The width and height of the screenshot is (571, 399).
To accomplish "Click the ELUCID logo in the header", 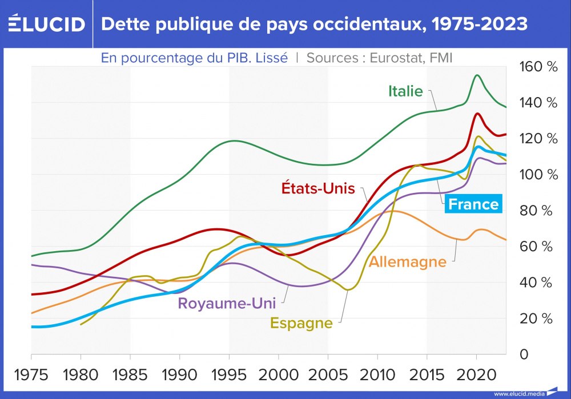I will [x=46, y=24].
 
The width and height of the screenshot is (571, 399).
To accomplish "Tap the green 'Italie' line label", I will [x=405, y=91].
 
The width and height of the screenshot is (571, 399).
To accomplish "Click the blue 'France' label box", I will [x=473, y=204].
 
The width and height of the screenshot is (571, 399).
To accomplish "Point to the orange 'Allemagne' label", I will [x=407, y=262].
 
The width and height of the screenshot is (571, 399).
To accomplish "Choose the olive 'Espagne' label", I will [x=301, y=323].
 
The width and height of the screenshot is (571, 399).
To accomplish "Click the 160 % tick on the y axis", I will [x=538, y=67].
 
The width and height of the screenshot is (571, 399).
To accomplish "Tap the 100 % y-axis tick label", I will [x=538, y=175].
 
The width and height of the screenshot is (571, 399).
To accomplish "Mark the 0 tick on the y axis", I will [x=523, y=354].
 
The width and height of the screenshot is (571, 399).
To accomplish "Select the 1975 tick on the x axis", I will [x=31, y=375].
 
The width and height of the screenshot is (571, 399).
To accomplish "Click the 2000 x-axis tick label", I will [x=279, y=375].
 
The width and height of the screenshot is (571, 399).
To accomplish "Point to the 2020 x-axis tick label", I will [x=476, y=375].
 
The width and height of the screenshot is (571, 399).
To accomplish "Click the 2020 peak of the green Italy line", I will [x=477, y=75].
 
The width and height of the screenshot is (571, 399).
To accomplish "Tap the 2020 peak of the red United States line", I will [x=477, y=114].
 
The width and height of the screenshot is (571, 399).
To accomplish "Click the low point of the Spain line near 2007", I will [x=348, y=290].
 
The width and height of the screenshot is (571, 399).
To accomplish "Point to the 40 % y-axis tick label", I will [x=538, y=283].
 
